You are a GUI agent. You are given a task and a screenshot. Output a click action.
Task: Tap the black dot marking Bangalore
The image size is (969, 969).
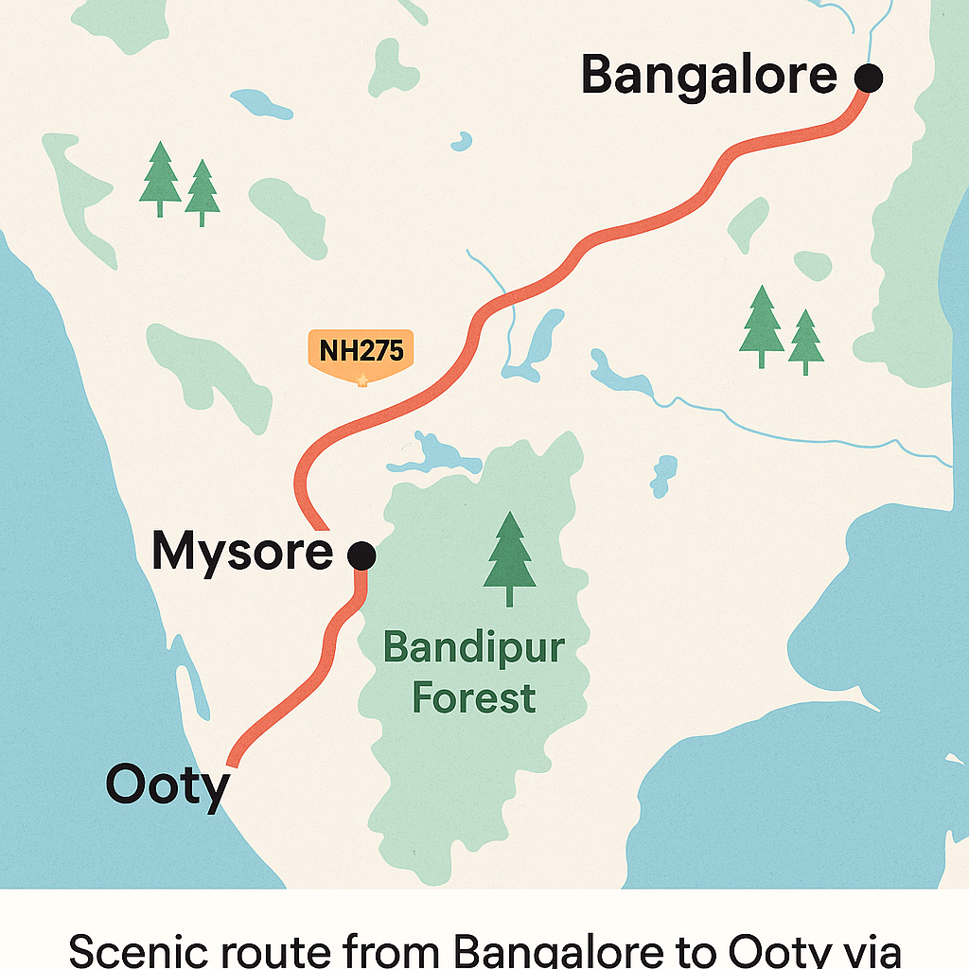pyautogui.click(x=868, y=78)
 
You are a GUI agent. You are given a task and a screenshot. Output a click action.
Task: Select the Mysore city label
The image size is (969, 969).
pyautogui.click(x=242, y=552)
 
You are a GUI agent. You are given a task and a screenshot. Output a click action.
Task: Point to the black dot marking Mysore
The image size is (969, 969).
pyautogui.click(x=361, y=555)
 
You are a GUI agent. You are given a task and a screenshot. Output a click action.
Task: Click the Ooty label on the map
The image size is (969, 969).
pyautogui.click(x=167, y=785)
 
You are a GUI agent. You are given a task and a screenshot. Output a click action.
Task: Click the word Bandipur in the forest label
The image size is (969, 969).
pyautogui.click(x=474, y=651)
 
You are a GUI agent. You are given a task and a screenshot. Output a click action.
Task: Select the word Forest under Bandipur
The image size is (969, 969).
pyautogui.click(x=474, y=699)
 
